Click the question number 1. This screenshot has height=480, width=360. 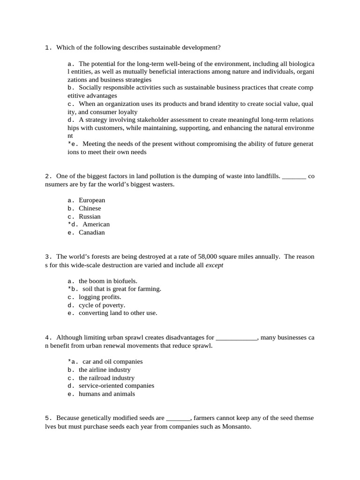click(x=48, y=47)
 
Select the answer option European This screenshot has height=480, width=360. click(x=92, y=200)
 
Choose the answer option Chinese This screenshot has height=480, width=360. click(x=90, y=208)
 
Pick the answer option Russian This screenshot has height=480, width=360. click(x=90, y=217)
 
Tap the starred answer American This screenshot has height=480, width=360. click(x=96, y=225)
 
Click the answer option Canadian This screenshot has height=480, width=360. click(x=91, y=232)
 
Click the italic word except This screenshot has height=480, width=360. click(x=214, y=265)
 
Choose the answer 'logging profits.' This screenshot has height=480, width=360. click(x=100, y=297)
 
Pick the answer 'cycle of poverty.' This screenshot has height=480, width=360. click(x=102, y=305)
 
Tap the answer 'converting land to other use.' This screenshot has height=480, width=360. click(x=118, y=313)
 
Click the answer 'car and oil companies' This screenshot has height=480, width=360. click(x=112, y=361)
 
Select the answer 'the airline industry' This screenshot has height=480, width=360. click(x=105, y=370)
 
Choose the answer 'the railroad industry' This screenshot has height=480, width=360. click(x=106, y=378)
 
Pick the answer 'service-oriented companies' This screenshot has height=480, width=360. click(x=116, y=386)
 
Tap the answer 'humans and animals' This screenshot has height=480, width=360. click(x=106, y=394)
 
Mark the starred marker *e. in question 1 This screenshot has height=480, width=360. click(x=73, y=144)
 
